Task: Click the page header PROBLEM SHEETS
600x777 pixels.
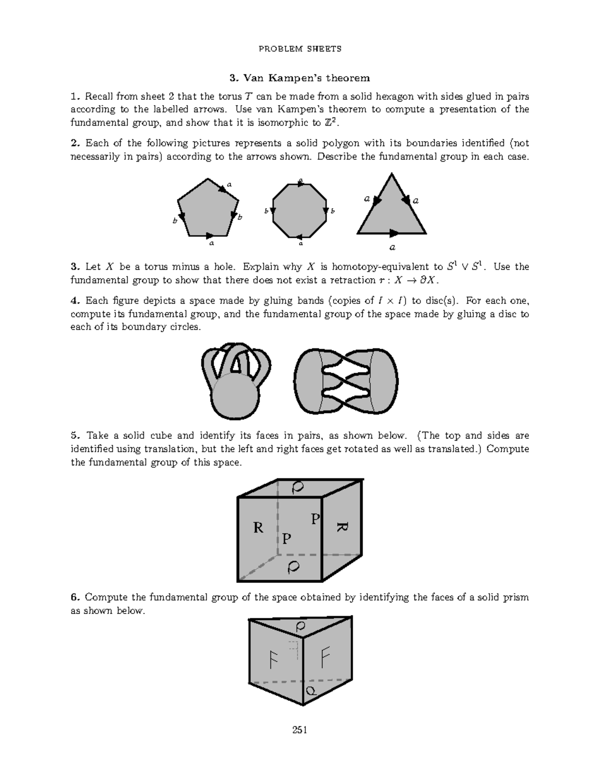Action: [x=299, y=49]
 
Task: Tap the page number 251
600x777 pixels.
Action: [x=299, y=730]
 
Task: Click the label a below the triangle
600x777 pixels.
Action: [x=392, y=247]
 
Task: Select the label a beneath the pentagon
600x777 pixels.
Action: [x=211, y=244]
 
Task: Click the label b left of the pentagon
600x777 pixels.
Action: [x=174, y=220]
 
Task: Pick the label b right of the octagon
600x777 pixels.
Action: [x=332, y=211]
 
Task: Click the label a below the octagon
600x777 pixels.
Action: [x=300, y=244]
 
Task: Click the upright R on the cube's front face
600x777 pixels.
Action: [x=258, y=527]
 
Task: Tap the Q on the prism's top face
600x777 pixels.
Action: [x=300, y=626]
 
